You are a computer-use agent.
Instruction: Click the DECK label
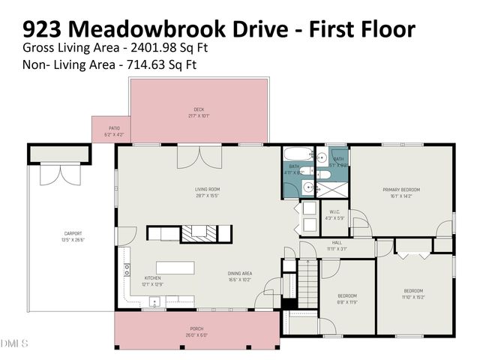point(199,109)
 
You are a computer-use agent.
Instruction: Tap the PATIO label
point(114,128)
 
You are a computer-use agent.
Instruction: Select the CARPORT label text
point(73,233)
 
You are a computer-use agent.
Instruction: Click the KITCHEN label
point(153,277)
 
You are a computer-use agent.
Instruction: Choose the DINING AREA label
point(240,274)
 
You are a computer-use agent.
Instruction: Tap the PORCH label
point(197,328)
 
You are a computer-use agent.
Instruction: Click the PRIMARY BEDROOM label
point(400,190)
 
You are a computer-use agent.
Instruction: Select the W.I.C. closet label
point(334,211)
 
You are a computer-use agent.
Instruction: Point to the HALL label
point(337,243)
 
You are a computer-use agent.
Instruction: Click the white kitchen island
point(175,268)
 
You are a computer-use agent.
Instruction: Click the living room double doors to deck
point(199,157)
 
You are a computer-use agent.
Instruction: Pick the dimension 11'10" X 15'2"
point(414,297)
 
